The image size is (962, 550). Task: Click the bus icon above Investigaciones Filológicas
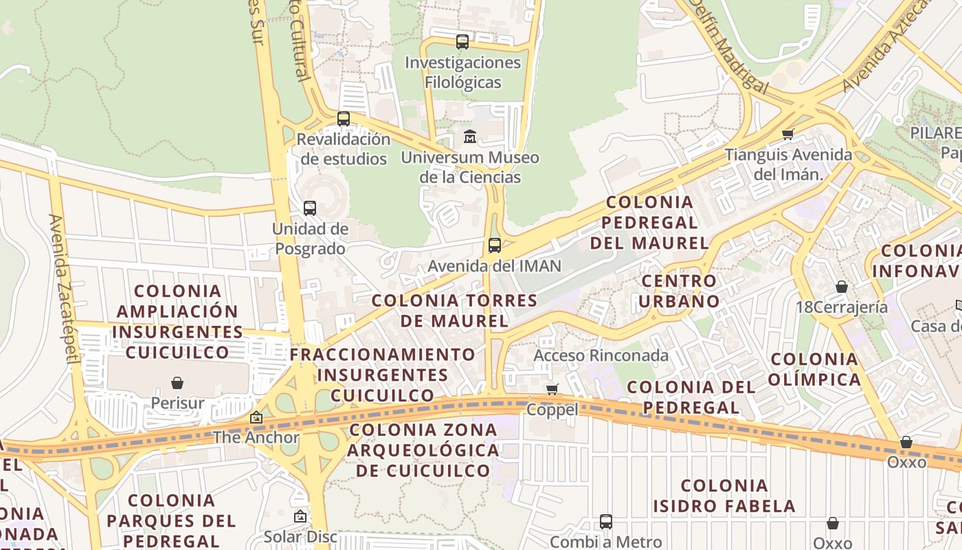462,42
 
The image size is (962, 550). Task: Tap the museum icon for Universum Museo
470,137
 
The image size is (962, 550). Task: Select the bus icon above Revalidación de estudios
344,119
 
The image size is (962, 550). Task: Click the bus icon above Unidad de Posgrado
310,208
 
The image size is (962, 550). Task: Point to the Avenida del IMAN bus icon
494,245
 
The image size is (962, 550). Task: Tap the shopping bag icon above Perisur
177,383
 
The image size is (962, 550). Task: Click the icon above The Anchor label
256,417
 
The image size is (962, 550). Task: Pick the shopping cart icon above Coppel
552,390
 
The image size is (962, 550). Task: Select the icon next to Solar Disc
300,516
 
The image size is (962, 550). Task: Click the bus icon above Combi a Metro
605,522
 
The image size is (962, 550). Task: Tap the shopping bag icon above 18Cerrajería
842,287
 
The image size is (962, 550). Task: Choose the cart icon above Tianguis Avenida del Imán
788,134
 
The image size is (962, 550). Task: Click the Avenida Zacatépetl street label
63,289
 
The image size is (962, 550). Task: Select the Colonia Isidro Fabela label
724,496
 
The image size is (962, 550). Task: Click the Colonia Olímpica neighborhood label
814,369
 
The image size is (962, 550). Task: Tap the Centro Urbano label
680,291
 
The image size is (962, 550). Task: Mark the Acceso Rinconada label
601,355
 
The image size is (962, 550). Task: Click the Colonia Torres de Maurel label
454,310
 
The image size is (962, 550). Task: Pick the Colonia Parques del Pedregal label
172,520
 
